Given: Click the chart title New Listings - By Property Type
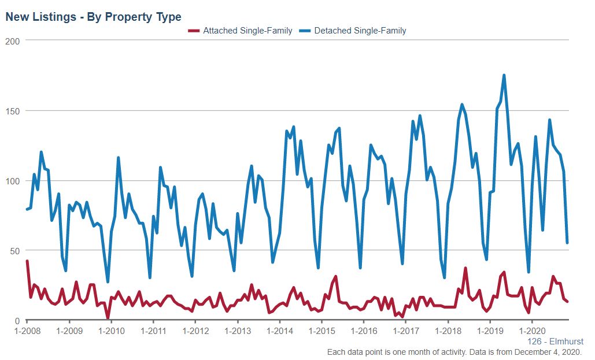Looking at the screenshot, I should [x=93, y=17].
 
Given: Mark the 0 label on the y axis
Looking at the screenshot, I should [x=17, y=321].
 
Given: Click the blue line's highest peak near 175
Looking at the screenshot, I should [x=504, y=75].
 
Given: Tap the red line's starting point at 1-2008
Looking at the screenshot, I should [x=27, y=261].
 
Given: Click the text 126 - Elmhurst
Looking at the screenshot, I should [x=555, y=342].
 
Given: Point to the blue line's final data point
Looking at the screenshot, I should [x=567, y=243].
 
